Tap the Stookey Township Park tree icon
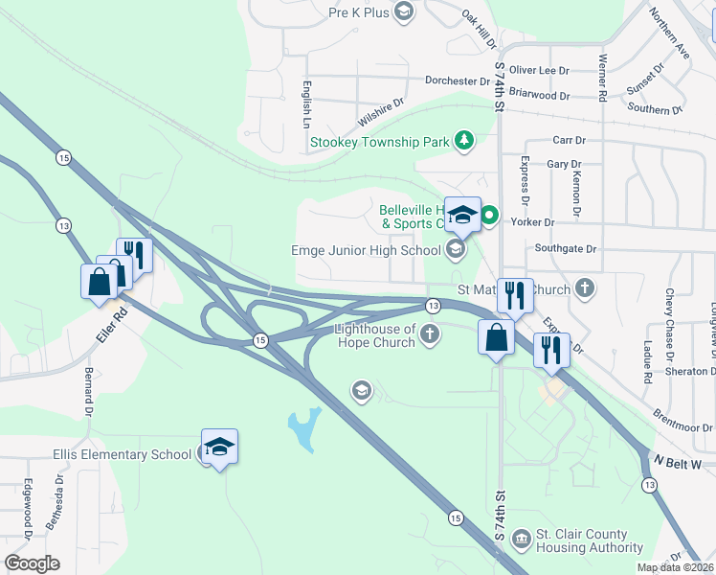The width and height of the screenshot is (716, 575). click(x=464, y=141)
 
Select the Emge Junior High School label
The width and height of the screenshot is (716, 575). click(x=367, y=250)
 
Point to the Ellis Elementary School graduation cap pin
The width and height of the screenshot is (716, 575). click(x=219, y=448)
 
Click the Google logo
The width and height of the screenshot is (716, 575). click(x=32, y=563)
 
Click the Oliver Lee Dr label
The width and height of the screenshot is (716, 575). click(x=539, y=70)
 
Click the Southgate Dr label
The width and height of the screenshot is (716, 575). click(x=566, y=248)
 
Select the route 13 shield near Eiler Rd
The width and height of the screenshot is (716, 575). click(x=63, y=225)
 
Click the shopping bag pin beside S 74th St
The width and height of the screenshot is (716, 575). click(x=496, y=339)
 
